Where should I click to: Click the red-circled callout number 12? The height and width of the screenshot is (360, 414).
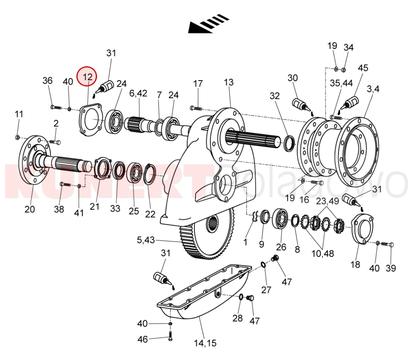[87, 77]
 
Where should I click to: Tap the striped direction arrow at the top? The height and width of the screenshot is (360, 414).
[209, 24]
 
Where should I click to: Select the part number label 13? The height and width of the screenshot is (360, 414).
[228, 82]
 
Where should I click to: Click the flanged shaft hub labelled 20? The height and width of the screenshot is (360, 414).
[33, 161]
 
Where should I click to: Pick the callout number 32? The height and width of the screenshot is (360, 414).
[275, 96]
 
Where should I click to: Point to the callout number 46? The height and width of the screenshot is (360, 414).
[143, 339]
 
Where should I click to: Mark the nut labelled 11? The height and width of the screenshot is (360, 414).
[18, 136]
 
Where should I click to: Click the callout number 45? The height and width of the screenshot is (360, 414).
[363, 68]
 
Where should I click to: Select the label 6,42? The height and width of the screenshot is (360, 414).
[138, 93]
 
